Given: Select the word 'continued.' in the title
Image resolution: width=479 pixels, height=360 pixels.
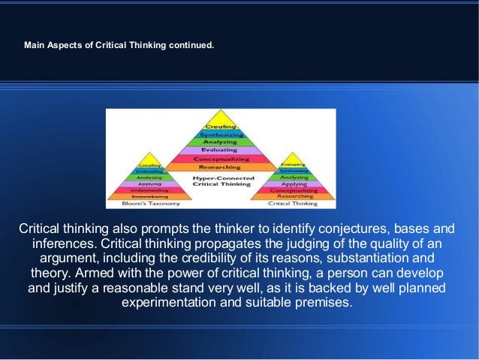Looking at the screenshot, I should [x=193, y=45].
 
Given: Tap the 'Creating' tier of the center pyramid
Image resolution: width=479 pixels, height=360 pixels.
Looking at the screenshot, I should [x=221, y=127].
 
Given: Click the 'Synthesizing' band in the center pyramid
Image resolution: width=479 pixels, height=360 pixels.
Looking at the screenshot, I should [x=221, y=134].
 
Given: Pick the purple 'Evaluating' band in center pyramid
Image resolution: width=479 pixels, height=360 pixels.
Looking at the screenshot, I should [x=221, y=150].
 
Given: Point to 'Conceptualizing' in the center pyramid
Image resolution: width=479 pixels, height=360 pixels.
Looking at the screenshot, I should [x=221, y=159].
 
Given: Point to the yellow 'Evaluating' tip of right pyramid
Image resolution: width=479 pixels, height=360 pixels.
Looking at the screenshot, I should [x=294, y=163].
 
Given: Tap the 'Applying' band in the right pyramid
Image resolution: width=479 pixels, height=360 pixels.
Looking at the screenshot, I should [x=294, y=183].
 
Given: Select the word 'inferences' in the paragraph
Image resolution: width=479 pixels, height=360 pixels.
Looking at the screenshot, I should [x=63, y=244].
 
